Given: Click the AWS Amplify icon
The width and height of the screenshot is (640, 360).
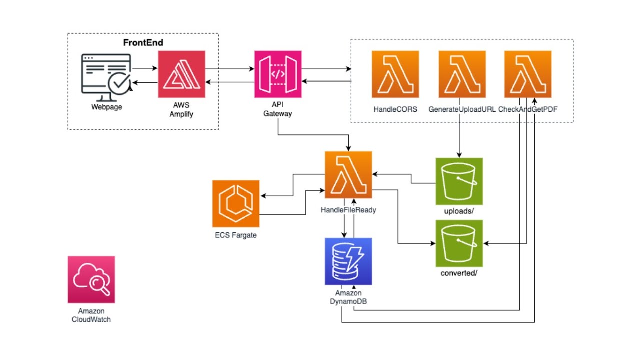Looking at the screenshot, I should [x=182, y=74].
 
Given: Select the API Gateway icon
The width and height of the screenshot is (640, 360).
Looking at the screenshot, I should [x=278, y=74].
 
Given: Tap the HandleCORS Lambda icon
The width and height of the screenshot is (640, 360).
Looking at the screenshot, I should [x=395, y=74].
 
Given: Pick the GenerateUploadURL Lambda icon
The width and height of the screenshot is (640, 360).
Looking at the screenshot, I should [x=462, y=74].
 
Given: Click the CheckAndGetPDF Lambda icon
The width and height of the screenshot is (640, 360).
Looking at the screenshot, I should [x=528, y=74].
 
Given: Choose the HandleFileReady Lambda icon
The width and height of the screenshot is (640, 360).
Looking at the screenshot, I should [x=348, y=174].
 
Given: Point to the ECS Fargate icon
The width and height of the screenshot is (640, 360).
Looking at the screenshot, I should [x=236, y=203].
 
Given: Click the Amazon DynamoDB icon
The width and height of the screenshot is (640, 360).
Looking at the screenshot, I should [x=348, y=261].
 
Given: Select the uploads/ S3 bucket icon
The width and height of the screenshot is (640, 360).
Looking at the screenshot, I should [x=459, y=181].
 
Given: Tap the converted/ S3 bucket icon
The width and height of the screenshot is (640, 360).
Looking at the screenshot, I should [x=459, y=243].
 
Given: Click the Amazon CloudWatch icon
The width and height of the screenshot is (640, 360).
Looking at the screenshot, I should [x=91, y=279].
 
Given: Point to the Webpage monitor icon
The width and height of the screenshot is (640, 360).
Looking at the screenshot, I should [x=106, y=77].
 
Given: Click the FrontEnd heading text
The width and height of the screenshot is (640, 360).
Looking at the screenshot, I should [x=143, y=43].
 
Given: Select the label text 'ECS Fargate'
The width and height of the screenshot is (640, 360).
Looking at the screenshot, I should [x=236, y=235].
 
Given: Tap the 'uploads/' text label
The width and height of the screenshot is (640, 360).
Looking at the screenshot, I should [x=459, y=211].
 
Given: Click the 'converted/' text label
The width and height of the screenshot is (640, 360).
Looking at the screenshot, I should [x=459, y=273].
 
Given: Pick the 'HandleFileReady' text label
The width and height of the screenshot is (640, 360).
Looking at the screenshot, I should [x=348, y=210].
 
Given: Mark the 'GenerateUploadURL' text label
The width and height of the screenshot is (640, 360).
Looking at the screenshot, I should [x=462, y=109].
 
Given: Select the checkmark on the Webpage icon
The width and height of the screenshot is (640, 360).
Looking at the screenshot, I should [x=120, y=83].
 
